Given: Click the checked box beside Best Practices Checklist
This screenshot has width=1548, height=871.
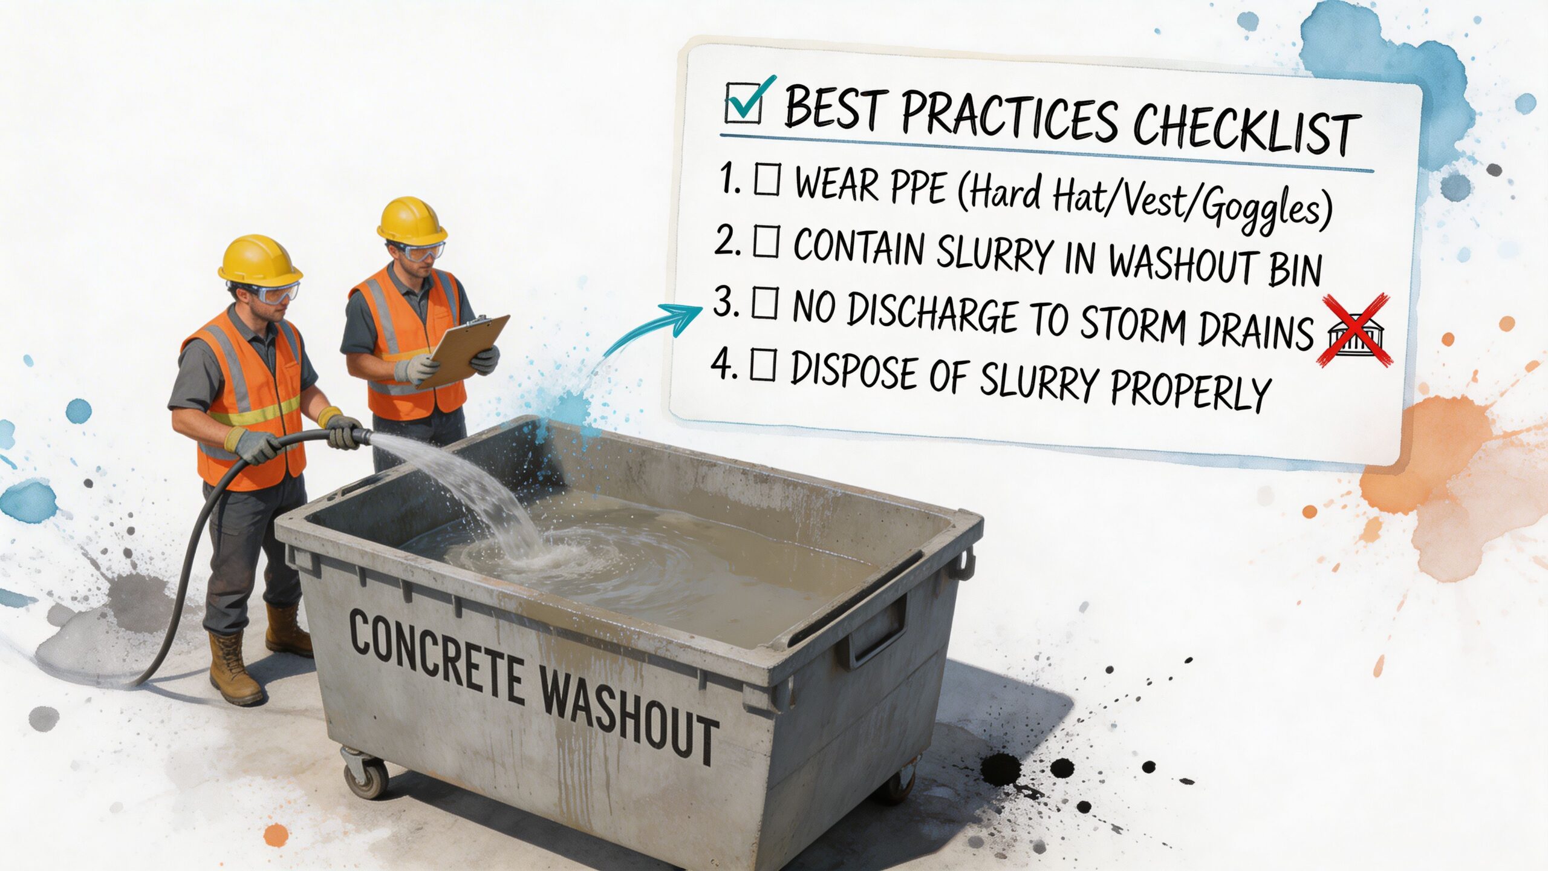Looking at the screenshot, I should click(x=744, y=105).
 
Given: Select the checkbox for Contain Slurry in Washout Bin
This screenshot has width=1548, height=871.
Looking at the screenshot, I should click(x=766, y=244).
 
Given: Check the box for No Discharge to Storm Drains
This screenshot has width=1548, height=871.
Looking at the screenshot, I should click(x=764, y=304).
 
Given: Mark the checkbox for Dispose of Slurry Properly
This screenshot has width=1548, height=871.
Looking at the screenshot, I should click(x=763, y=367).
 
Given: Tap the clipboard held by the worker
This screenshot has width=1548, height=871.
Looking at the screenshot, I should click(x=466, y=350).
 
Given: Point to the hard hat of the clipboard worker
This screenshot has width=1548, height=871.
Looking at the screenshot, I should click(x=412, y=219).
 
